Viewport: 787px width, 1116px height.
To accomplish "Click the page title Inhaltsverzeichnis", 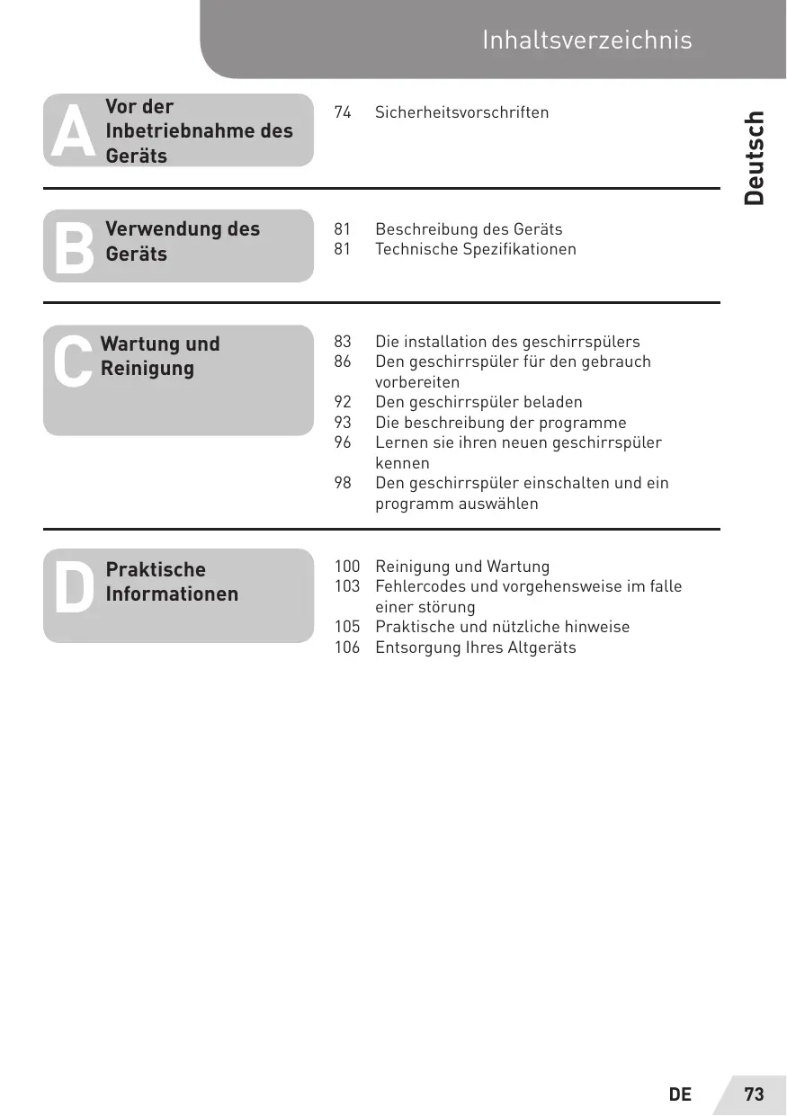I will click(x=586, y=40).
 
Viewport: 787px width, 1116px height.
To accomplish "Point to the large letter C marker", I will click(x=72, y=362).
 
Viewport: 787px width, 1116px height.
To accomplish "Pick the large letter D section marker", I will click(x=73, y=588).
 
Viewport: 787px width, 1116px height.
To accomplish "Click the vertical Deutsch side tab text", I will click(x=755, y=157).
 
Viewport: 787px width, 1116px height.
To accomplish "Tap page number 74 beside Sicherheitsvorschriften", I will click(x=343, y=112).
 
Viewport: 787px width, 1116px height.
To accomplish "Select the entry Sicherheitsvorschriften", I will click(x=461, y=112).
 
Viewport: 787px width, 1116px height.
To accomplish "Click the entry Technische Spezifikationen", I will click(x=475, y=249).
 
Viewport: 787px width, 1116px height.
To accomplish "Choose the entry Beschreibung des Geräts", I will click(x=469, y=229).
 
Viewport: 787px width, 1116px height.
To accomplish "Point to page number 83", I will click(x=343, y=342).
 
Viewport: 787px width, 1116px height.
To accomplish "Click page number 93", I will click(x=343, y=423).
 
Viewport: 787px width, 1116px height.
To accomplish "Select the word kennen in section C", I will click(x=402, y=463).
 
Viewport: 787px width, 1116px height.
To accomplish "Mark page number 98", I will click(x=343, y=483).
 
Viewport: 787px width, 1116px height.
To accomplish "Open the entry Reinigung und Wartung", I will click(x=461, y=567).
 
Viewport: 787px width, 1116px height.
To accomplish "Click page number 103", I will click(x=347, y=586).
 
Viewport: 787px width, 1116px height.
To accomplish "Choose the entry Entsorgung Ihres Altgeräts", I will click(x=475, y=647).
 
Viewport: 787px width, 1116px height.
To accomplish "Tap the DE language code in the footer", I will click(x=680, y=1094).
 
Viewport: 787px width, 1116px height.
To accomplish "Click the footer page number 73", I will click(x=754, y=1094).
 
